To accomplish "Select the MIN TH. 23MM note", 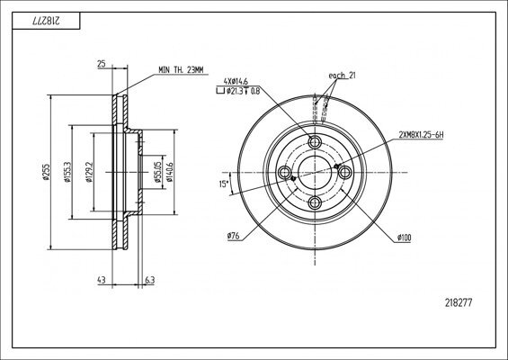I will tap(182, 69).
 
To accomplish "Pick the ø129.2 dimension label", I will tap(88, 172).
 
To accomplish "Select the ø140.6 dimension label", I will tap(171, 172).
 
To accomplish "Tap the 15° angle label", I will tap(222, 186).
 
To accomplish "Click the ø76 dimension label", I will tap(233, 236).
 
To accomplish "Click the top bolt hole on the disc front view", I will tap(315, 143).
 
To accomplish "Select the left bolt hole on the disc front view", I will tap(285, 173).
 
